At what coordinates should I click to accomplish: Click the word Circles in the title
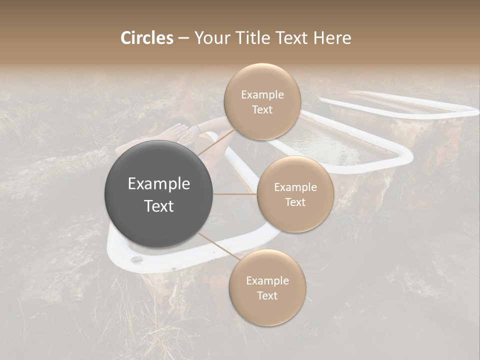coord(147,38)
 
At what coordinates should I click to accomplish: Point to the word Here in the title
coord(332,38)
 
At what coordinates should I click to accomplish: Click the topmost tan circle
coord(261,101)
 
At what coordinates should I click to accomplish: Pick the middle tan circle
coord(295,194)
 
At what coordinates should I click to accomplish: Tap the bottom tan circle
coord(267,287)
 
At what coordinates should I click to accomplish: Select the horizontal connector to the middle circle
coord(235,194)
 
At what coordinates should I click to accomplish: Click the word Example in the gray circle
coord(159,184)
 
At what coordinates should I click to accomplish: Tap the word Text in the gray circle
coord(159,206)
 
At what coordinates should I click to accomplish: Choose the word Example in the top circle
coord(262,95)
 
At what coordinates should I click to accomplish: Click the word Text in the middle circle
coord(295,202)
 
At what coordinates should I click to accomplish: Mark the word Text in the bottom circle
coord(267,296)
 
